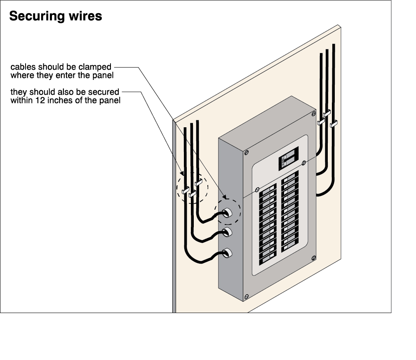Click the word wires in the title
coord(85,16)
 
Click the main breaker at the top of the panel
coord(289,158)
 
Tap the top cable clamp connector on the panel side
coord(227,213)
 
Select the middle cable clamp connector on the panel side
coord(227,232)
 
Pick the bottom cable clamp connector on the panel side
coord(227,253)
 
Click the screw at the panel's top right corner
coord(314,114)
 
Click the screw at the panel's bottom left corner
coord(247,297)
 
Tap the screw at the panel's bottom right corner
coord(314,258)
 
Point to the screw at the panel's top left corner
coord(247,152)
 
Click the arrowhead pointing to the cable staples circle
coord(182,173)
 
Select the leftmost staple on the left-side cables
coord(186,190)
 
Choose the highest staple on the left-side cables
coord(198,182)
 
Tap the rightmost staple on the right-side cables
coord(334,124)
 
